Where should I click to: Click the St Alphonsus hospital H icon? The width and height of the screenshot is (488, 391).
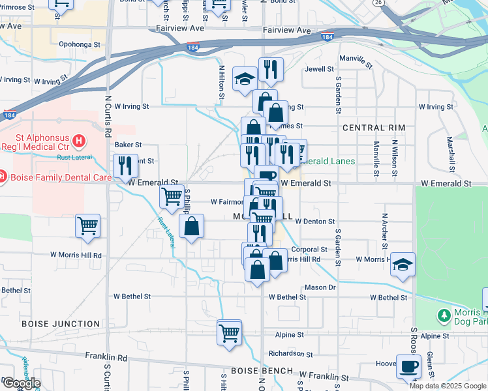78,140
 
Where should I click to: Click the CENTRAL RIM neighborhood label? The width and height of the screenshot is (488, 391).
374,128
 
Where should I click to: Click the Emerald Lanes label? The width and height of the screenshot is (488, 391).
331,161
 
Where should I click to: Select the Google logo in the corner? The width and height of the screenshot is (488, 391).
22,383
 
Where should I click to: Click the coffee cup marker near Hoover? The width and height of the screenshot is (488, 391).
408,366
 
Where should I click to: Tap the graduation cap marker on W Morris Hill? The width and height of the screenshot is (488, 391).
403,265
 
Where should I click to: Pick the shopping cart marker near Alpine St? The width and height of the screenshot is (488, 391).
230,332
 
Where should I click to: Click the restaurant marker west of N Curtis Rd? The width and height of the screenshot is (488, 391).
125,166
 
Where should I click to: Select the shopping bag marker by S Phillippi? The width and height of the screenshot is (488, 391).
191,227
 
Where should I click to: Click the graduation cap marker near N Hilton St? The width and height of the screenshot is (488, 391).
245,80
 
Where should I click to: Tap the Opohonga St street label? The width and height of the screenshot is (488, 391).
80,46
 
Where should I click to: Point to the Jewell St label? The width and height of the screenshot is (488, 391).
319,68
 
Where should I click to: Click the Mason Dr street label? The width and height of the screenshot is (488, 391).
320,287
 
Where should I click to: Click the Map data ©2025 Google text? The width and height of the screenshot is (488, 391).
447,386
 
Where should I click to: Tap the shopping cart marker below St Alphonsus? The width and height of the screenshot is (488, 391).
87,226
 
